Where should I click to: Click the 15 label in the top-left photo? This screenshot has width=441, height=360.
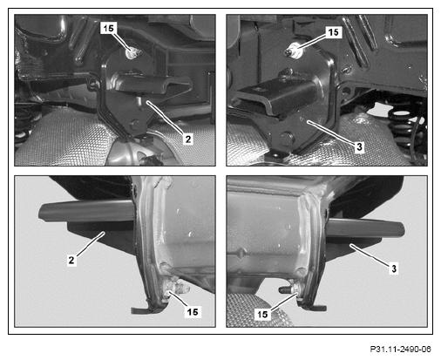tap(108, 28)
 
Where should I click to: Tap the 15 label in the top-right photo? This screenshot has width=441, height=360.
tap(334, 32)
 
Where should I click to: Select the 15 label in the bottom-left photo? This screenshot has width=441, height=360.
tap(193, 312)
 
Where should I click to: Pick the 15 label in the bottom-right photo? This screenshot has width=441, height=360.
tap(262, 315)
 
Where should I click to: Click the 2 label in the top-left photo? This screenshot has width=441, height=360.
tap(188, 139)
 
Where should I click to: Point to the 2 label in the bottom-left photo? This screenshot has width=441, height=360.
tap(71, 260)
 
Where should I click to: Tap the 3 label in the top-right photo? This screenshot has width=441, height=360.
tap(359, 146)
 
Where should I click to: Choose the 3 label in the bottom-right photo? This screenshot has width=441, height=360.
tap(394, 268)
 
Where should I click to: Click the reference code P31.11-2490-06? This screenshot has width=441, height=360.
tap(400, 350)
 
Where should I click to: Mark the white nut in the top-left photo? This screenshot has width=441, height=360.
tap(132, 53)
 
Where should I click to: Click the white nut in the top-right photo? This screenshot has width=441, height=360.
tap(294, 49)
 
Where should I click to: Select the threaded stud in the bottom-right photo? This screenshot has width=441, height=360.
tap(286, 289)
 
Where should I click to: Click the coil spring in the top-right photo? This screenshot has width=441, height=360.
tap(406, 128)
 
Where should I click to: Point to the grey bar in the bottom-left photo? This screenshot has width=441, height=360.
tap(86, 211)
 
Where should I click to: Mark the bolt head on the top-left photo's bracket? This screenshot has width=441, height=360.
tap(133, 123)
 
